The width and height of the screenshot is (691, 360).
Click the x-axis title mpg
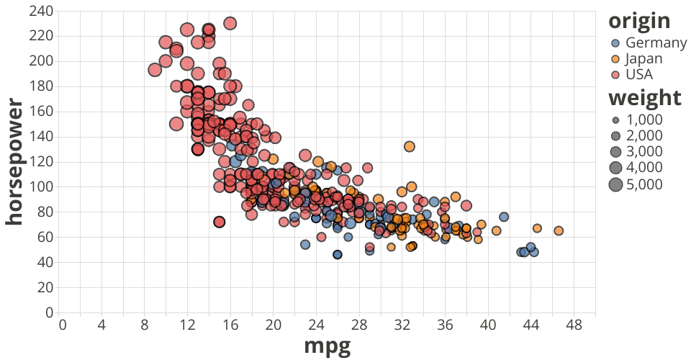[x=328, y=346]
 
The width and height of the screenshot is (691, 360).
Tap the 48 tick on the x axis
[x=574, y=325]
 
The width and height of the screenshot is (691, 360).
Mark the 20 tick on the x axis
[x=274, y=325]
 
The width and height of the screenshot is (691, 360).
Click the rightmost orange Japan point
[x=559, y=230]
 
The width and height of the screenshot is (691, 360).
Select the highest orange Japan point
[x=410, y=146]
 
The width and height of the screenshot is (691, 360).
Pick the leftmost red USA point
[x=155, y=70]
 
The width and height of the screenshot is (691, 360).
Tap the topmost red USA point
[x=230, y=23]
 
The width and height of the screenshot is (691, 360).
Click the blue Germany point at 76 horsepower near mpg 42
[x=504, y=217]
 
